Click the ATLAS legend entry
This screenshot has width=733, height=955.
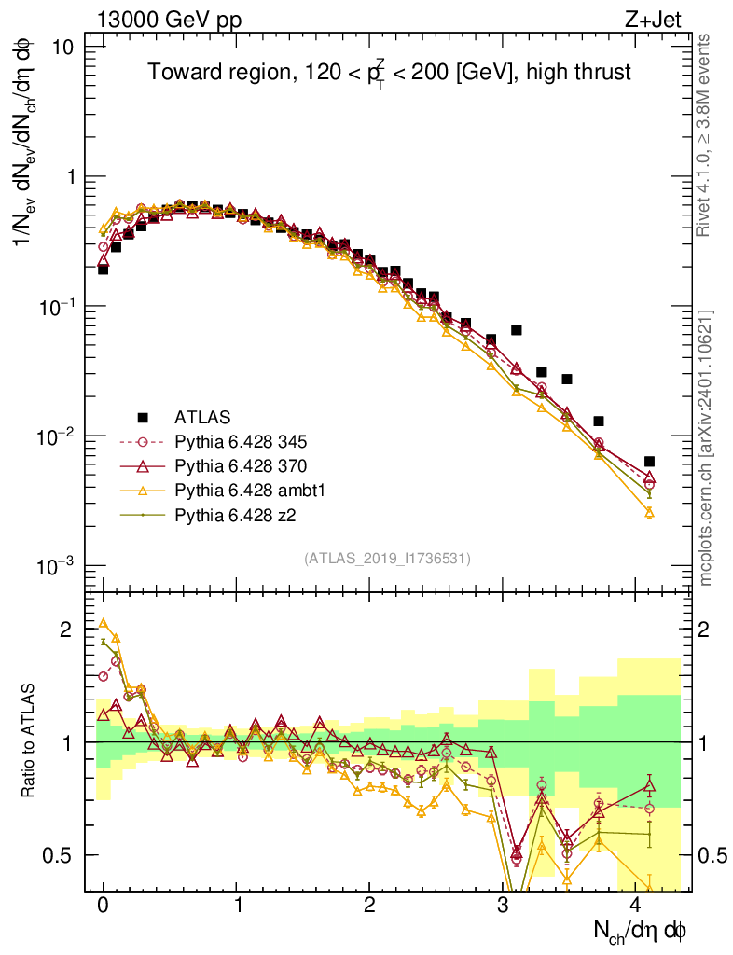point(203,417)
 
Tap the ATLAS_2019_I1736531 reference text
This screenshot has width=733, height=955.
point(387,559)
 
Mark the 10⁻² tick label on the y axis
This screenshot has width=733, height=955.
point(68,436)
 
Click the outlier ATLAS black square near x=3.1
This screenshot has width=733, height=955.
point(517,330)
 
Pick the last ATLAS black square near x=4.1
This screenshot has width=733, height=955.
point(649,462)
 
